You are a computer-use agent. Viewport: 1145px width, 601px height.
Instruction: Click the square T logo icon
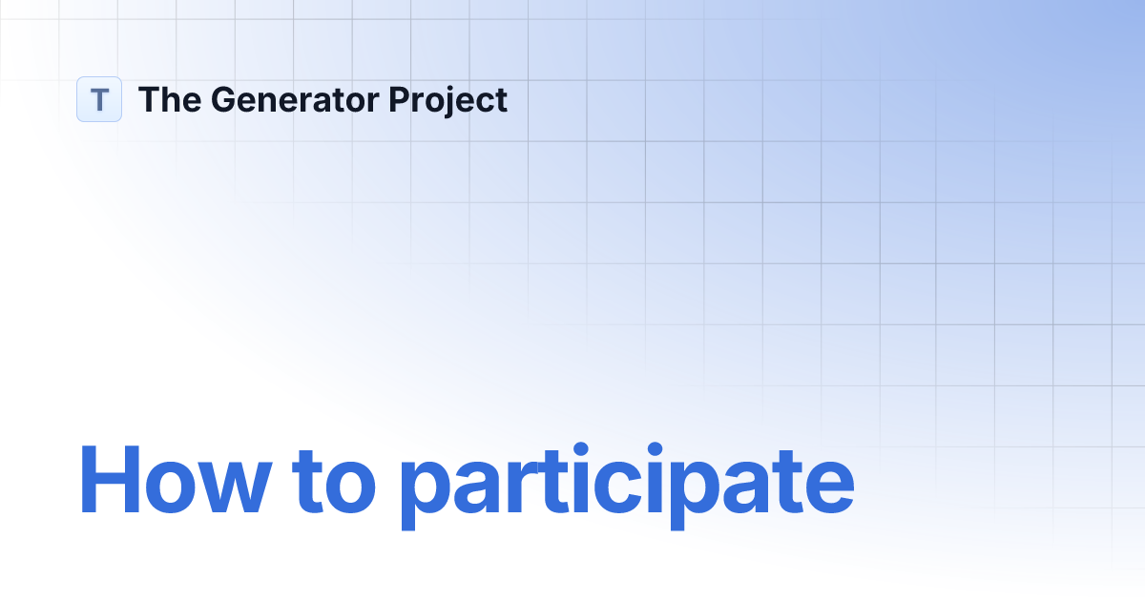click(99, 99)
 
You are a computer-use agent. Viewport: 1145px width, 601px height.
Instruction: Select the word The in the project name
click(167, 99)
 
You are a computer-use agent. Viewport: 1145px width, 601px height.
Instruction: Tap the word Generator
click(292, 99)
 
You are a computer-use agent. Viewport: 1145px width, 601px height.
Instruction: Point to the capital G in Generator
click(221, 99)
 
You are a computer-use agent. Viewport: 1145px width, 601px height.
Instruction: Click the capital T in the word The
click(149, 99)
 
